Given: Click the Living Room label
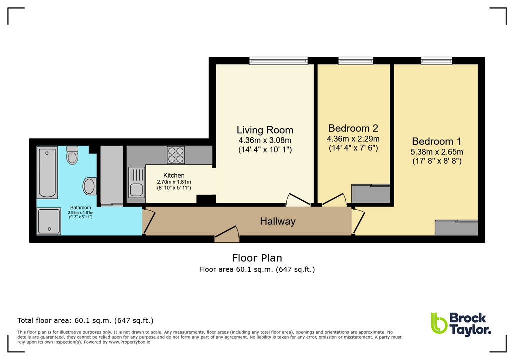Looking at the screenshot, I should [265, 130].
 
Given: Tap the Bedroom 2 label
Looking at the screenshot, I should [353, 128].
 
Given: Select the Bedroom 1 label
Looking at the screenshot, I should [437, 141].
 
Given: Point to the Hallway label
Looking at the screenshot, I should [277, 221].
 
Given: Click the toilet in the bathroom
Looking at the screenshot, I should [72, 156].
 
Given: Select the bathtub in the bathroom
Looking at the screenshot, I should [48, 172].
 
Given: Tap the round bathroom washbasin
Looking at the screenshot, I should [89, 186].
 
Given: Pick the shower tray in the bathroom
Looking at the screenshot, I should [49, 221].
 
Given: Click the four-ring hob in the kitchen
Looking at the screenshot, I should [176, 155].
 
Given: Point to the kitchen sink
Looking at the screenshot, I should [136, 182].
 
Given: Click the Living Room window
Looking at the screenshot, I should [279, 61].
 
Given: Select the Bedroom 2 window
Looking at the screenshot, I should [355, 61].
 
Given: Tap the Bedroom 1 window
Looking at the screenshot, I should [436, 61].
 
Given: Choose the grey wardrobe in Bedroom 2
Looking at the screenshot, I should [371, 194].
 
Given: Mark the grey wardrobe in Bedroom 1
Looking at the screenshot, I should [457, 228].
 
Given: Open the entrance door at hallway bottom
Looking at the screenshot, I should [227, 235].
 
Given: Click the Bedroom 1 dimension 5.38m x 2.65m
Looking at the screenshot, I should [437, 152].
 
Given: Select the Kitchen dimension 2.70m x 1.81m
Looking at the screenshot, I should [171, 182].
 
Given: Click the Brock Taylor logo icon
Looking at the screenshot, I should [439, 323].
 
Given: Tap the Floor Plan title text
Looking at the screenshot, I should [257, 258].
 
